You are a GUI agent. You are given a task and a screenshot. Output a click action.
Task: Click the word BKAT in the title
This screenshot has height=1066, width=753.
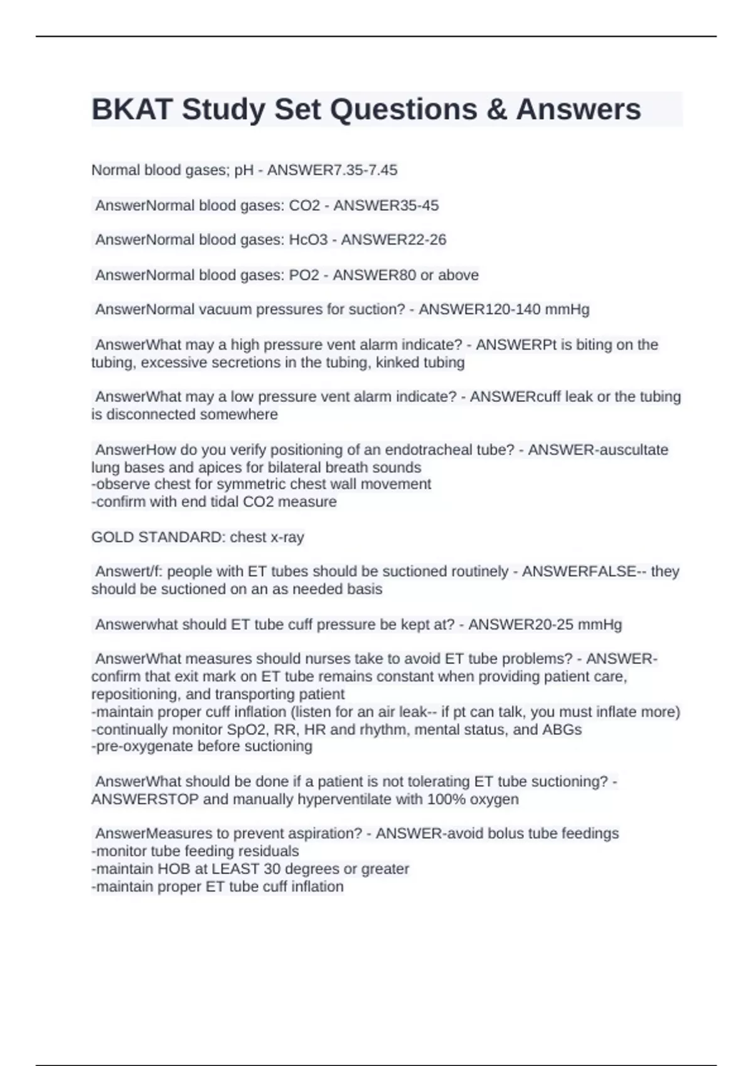point(132,110)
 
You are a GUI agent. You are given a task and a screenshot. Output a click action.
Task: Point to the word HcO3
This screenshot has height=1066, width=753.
point(308,240)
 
